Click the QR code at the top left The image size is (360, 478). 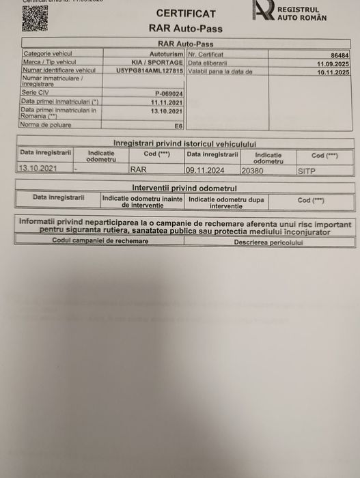coord(34,17)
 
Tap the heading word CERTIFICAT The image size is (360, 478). coord(185,14)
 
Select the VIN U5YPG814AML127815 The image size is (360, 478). coord(149,70)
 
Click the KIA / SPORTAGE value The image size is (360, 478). coord(157,61)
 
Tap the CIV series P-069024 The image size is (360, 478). coord(168,93)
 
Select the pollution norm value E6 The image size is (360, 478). coord(178,126)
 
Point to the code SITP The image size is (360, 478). coord(307,171)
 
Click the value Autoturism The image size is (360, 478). coord(166,53)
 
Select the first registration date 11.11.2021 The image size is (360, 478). coord(167,101)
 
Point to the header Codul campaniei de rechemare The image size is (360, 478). coord(95,241)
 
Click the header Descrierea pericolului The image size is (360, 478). coord(268,242)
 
